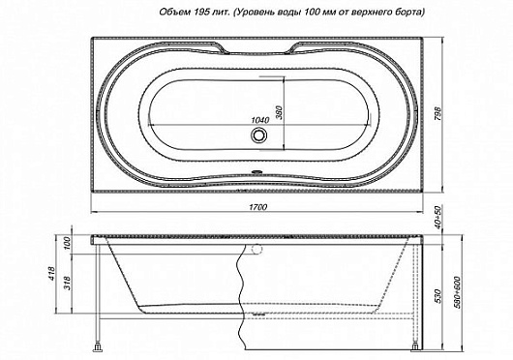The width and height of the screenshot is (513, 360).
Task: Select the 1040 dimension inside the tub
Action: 258,120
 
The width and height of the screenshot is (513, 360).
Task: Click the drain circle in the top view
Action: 258,137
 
